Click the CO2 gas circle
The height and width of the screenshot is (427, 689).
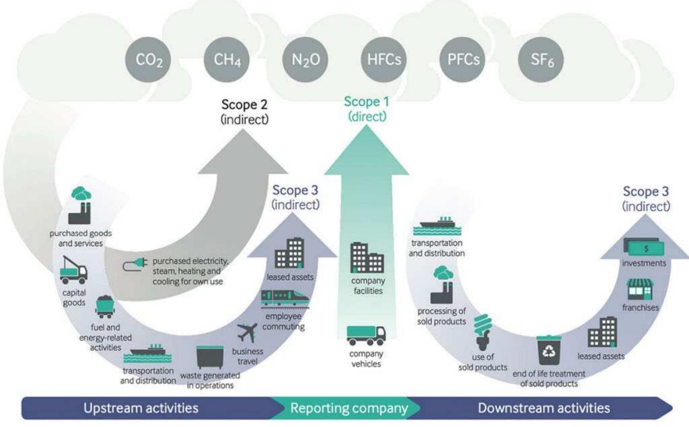[x=148, y=59]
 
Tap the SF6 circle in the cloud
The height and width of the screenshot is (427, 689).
[x=542, y=59]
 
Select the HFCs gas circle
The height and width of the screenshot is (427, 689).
[x=384, y=59]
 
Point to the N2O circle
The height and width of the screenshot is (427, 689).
[x=305, y=59]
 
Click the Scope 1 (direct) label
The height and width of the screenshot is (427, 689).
[x=366, y=109]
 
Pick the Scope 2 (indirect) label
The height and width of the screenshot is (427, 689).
[x=244, y=112]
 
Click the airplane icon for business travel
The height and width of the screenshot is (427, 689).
[x=247, y=333]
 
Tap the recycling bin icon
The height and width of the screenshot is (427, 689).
[x=549, y=350]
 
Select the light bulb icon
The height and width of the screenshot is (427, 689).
[x=483, y=332]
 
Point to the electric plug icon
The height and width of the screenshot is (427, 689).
[x=135, y=264]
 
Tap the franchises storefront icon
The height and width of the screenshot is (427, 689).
[x=640, y=290]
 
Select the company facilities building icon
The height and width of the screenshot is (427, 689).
[x=367, y=257]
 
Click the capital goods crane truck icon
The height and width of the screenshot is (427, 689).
[x=73, y=270]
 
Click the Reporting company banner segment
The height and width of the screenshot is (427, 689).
[x=348, y=408]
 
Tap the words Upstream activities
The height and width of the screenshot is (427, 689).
[x=141, y=408]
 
